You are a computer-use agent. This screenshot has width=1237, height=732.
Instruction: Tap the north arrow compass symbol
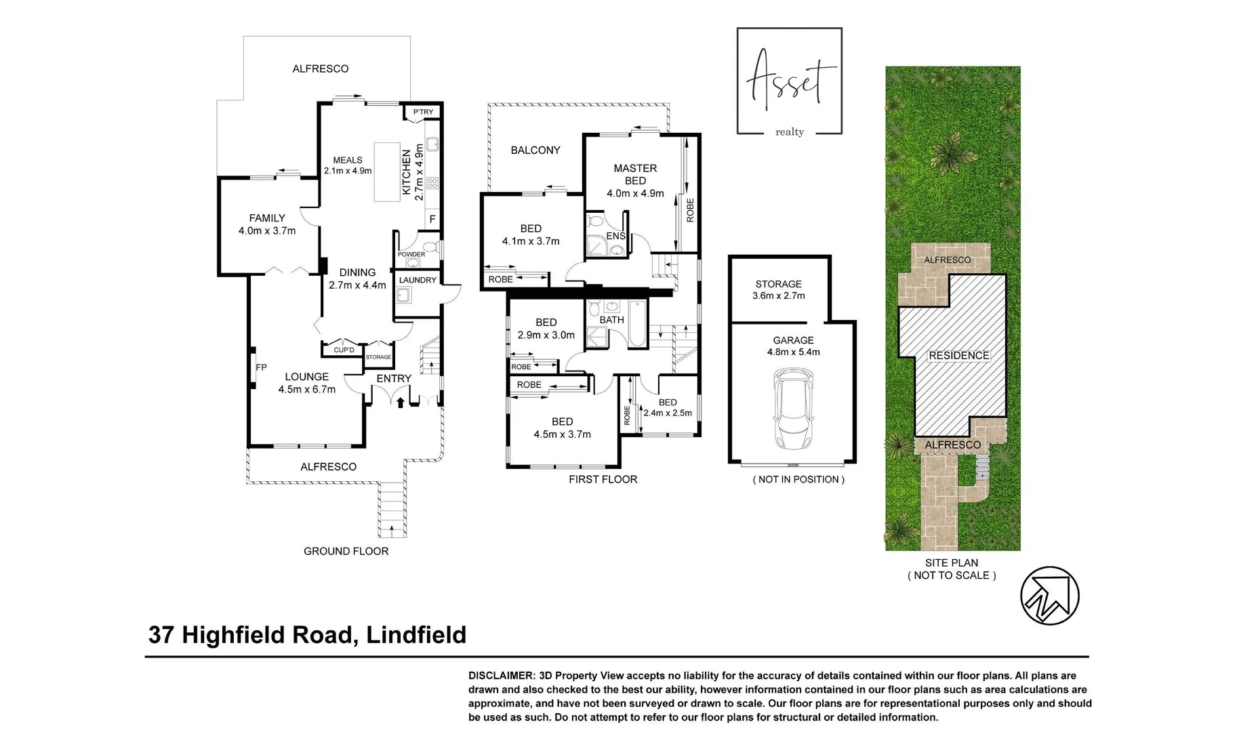1049,596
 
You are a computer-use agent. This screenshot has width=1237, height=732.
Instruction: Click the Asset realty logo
790,81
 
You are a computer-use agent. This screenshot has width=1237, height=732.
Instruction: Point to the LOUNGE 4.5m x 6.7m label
306,383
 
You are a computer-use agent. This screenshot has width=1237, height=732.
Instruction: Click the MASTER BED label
635,174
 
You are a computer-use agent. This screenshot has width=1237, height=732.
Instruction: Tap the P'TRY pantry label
423,112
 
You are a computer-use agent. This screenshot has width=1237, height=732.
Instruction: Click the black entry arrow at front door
400,403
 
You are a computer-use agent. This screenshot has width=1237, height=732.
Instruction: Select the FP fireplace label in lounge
261,367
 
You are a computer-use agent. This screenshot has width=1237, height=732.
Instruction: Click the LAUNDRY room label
418,280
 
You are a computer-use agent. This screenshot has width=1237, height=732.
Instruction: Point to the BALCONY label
535,150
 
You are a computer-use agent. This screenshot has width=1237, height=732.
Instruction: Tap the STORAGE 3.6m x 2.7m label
779,289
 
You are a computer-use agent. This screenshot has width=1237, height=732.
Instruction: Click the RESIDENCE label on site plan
958,355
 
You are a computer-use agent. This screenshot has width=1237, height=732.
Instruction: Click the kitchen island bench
387,171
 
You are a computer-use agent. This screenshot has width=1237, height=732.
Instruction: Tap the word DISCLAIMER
500,676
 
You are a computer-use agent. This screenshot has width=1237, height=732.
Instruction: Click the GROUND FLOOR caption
346,551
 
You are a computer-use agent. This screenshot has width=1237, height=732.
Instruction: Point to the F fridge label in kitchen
432,220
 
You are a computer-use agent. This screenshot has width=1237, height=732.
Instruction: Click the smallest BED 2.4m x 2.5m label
668,407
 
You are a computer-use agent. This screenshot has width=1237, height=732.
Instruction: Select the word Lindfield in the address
416,635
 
